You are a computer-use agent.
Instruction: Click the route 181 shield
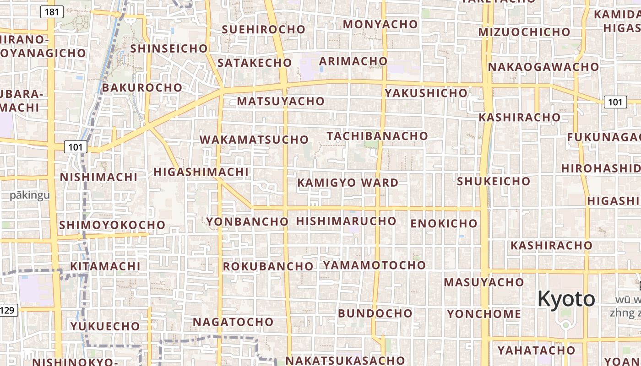52,11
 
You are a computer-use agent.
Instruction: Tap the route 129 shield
8,311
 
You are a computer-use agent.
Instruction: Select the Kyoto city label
566,299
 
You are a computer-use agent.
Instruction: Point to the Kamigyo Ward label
348,183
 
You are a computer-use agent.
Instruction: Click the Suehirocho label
263,29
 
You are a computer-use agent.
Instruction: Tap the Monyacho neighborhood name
380,24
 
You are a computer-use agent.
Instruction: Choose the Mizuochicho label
524,32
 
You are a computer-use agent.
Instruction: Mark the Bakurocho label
142,87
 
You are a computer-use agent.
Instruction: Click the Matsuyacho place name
281,101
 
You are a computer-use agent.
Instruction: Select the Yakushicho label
426,93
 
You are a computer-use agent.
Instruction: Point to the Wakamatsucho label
254,140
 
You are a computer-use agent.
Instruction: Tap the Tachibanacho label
377,136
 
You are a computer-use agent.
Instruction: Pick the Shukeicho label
494,181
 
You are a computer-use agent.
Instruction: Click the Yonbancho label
247,222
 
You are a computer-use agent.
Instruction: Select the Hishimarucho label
346,221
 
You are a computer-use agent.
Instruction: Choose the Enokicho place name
444,224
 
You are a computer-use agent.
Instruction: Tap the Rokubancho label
268,266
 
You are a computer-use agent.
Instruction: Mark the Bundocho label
375,313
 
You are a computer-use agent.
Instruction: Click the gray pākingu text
30,196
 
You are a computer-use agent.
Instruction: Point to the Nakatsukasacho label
345,361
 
